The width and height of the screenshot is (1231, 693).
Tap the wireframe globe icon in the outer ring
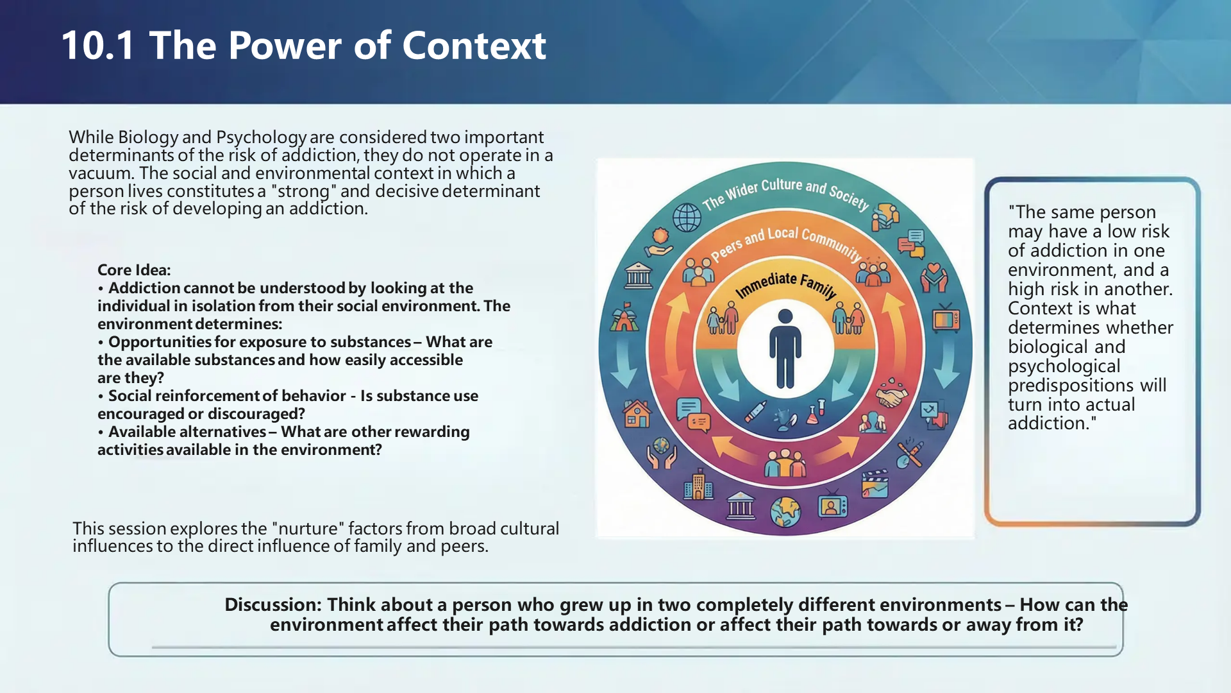pyautogui.click(x=687, y=218)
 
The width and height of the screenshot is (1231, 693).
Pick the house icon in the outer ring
pyautogui.click(x=637, y=414)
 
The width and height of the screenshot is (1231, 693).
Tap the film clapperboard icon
pyautogui.click(x=875, y=484)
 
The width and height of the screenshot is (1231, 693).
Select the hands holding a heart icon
pyautogui.click(x=934, y=278)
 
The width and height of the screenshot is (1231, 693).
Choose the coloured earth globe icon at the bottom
pyautogui.click(x=785, y=512)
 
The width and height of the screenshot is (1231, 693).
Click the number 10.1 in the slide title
pyautogui.click(x=97, y=46)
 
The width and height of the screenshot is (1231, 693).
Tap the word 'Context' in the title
pyautogui.click(x=474, y=46)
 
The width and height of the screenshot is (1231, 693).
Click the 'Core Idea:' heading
pyautogui.click(x=134, y=270)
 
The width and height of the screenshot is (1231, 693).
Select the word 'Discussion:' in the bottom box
pyautogui.click(x=273, y=604)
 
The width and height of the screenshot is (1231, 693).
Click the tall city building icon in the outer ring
pyautogui.click(x=698, y=484)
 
